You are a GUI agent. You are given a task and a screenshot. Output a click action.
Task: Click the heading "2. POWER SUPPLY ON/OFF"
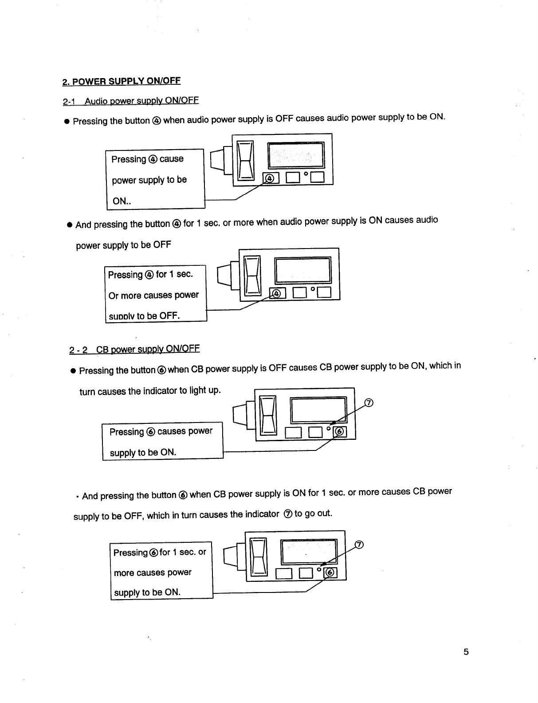pos(122,81)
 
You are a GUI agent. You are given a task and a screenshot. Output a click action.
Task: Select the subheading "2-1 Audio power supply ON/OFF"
pos(131,101)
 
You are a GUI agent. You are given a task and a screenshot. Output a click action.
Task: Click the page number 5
pos(466,652)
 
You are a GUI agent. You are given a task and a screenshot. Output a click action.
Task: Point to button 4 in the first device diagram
pos(271,178)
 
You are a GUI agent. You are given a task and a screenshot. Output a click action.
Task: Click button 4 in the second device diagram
pos(278,293)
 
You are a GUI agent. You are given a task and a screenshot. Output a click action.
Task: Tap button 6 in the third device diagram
pos(340,432)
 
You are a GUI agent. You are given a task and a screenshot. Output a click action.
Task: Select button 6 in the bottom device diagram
pos(330,573)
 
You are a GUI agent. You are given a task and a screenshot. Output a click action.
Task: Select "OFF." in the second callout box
pos(169,316)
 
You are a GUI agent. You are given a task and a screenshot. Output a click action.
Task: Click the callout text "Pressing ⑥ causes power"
pos(161,431)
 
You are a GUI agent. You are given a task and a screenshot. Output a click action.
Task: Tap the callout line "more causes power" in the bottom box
pos(153,573)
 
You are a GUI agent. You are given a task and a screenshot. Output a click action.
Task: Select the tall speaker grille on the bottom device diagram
pos(259,556)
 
